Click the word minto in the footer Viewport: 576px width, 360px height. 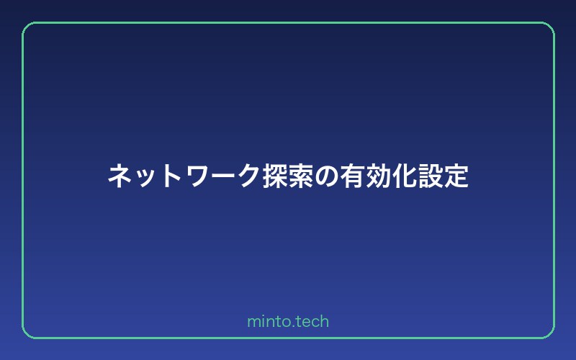point(268,321)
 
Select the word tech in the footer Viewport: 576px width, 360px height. point(312,321)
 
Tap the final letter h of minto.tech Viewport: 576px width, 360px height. point(325,321)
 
